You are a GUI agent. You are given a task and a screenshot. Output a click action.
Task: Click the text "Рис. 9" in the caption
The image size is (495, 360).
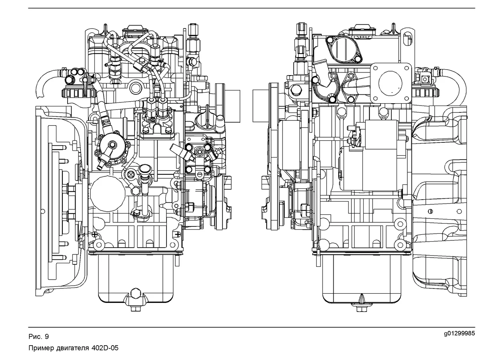click(x=38, y=336)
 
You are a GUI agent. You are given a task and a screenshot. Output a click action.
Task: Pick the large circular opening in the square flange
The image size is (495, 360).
click(x=391, y=83)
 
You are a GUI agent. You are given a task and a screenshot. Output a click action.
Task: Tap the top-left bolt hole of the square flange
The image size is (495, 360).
click(x=376, y=68)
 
